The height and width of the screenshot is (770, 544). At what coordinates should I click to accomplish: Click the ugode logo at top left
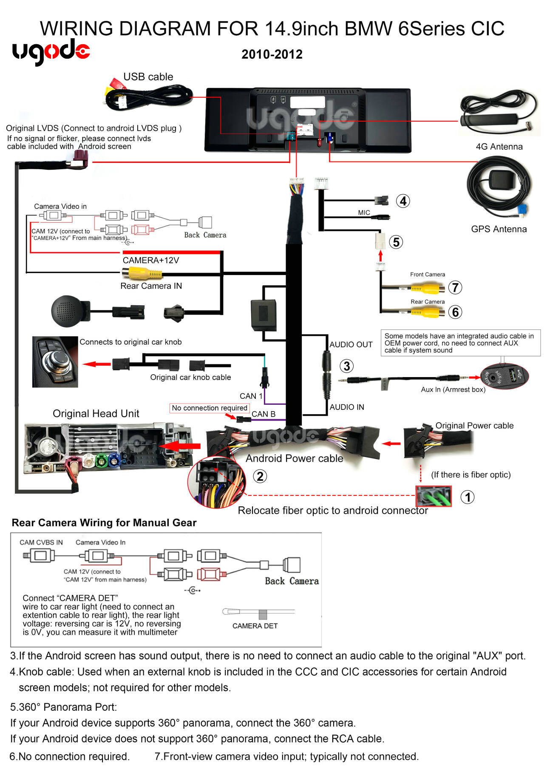pos(51,52)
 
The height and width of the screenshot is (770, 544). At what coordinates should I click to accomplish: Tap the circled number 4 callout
pos(403,201)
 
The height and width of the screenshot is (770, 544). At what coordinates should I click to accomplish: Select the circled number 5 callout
pos(396,242)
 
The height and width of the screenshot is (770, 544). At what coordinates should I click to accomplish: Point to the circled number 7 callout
pos(455,287)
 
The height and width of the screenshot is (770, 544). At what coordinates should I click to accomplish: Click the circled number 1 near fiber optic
pos(467,497)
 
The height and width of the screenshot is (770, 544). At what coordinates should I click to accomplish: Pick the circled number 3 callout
pos(346,366)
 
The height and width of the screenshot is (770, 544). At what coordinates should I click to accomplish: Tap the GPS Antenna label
pos(499,229)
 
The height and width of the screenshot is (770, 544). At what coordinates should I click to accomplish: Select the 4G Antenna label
pos(499,147)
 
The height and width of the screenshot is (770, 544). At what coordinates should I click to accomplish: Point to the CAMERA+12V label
pos(151,260)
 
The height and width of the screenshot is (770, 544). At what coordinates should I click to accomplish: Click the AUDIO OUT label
pos(351,344)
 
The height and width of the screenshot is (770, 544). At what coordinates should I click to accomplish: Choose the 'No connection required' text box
pos(210,408)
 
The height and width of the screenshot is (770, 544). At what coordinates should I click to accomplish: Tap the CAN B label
pos(263,414)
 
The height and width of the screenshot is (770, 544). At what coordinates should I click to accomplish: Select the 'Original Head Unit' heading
pos(96,414)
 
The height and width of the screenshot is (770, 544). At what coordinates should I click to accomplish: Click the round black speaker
pos(68,311)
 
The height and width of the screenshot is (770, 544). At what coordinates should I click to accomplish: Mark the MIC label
pos(364,213)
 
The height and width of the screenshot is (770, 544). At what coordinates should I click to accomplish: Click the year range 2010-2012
pos(272,54)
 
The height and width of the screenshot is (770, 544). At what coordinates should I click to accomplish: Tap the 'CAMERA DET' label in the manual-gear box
pos(255,626)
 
